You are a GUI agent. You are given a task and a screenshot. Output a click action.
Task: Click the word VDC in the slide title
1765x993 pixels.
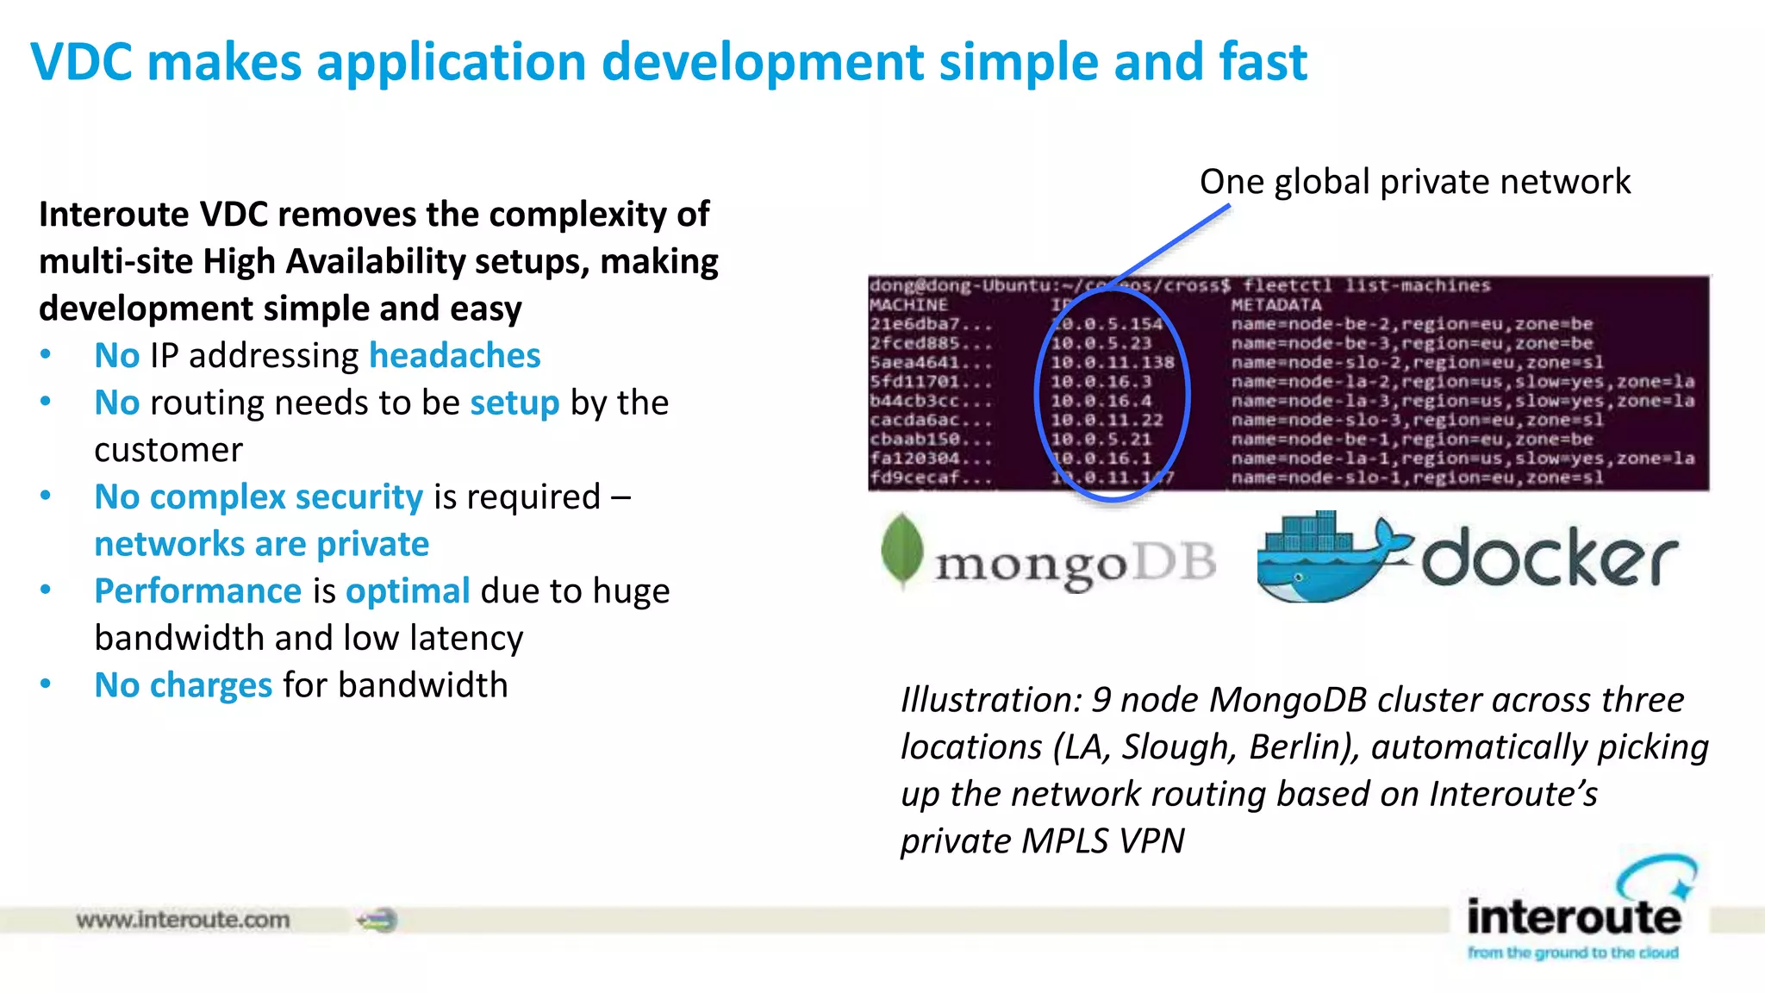82,62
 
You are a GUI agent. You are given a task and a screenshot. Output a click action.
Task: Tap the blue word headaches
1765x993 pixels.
454,355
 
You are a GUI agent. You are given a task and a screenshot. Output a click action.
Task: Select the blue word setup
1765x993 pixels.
515,403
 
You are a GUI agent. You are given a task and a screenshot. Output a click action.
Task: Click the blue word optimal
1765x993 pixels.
408,591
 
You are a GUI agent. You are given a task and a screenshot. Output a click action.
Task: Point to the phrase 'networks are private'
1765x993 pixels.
261,544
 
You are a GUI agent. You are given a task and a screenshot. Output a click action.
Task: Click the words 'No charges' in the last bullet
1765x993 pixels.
183,685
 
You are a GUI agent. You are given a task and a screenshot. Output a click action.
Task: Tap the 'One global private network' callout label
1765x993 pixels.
1414,182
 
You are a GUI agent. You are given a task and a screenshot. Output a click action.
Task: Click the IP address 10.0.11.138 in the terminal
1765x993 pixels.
1112,363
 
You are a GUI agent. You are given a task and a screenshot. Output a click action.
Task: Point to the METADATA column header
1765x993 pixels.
1275,305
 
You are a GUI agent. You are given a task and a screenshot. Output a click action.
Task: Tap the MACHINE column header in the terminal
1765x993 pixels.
908,305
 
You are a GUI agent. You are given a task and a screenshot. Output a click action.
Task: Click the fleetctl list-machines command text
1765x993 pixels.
1366,286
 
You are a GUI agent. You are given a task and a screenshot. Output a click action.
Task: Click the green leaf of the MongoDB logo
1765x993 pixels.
902,550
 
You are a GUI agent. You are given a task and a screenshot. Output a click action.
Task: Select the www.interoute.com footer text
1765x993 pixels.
183,920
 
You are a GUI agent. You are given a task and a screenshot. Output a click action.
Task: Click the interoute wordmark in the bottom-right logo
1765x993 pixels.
1574,916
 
